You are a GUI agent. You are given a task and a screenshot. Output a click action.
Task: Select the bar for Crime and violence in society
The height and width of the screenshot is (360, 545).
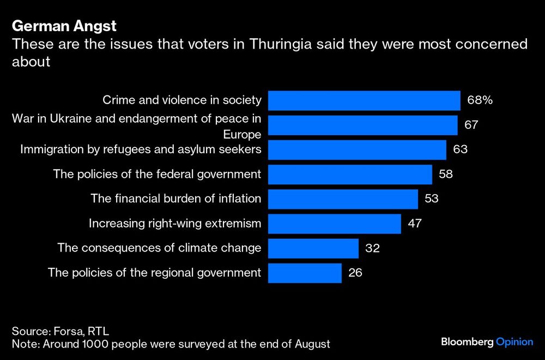(x=364, y=100)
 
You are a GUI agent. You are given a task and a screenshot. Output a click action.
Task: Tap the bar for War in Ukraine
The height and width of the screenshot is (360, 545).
(x=362, y=125)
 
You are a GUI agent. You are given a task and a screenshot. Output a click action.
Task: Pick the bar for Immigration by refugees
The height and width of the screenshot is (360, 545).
(x=357, y=149)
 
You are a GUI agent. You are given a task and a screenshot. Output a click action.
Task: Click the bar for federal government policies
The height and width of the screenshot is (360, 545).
(x=350, y=174)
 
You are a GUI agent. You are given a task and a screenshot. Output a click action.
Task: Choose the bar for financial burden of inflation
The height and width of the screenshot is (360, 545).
(x=343, y=199)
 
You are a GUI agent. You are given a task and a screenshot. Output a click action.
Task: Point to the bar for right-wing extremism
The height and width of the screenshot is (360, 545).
(x=334, y=223)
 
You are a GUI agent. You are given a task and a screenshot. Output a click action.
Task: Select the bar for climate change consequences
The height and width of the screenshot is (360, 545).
(x=313, y=248)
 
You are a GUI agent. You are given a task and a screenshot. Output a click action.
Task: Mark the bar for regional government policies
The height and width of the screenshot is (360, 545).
(x=305, y=272)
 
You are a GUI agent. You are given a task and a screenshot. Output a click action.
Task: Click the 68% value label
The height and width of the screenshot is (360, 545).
(x=480, y=100)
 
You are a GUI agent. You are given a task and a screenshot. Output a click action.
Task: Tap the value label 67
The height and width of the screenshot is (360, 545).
(x=471, y=125)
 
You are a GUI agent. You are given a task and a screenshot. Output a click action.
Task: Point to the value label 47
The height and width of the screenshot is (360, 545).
(x=414, y=223)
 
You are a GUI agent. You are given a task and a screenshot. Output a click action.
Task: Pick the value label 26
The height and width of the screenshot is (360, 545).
(x=355, y=272)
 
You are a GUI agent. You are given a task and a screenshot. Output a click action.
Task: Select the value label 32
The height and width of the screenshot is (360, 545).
(x=372, y=248)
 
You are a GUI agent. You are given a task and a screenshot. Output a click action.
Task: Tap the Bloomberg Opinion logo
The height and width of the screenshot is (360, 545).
(x=487, y=342)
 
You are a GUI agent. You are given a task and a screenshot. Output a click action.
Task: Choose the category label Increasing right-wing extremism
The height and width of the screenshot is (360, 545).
(x=175, y=223)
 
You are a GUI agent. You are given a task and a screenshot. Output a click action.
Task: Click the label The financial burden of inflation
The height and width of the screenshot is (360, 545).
(x=176, y=199)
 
